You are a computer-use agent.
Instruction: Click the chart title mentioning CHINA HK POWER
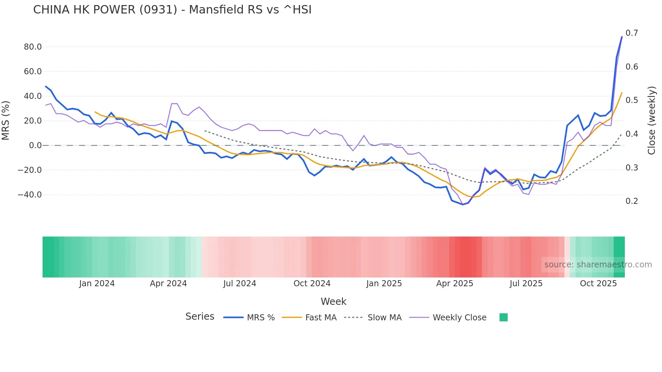[172, 10]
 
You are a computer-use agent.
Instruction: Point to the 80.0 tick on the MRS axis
[33, 47]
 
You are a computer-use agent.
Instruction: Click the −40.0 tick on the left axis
[30, 195]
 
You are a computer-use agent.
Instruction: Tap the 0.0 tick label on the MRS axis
[35, 145]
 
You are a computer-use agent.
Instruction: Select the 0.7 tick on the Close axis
[632, 33]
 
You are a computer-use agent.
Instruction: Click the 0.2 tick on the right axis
[632, 201]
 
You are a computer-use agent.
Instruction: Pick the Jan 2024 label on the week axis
[97, 284]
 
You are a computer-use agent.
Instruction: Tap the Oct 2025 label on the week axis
[598, 284]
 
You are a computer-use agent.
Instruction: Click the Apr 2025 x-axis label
[455, 284]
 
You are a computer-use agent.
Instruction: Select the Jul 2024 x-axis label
[239, 284]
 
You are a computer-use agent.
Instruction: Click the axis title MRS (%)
[6, 121]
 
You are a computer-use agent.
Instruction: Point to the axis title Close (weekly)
[652, 121]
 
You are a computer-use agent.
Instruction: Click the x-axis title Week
[333, 301]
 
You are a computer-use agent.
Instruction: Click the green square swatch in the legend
[503, 317]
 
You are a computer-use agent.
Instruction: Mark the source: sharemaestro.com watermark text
[598, 265]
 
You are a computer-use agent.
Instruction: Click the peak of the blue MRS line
[622, 37]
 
